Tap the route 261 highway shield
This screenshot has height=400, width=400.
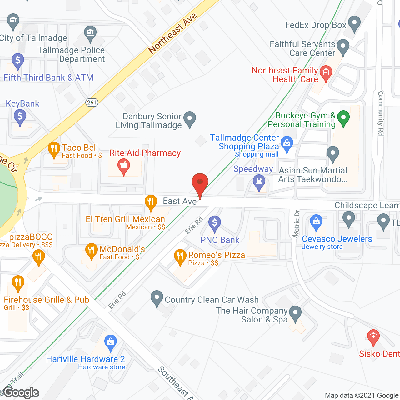pyautogui.click(x=92, y=102)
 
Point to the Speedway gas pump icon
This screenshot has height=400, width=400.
pyautogui.click(x=259, y=181)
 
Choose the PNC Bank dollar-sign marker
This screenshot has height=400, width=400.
pyautogui.click(x=214, y=223)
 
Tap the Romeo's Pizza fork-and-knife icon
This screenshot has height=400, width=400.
pyautogui.click(x=180, y=257)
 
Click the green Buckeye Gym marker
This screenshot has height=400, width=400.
pyautogui.click(x=343, y=118)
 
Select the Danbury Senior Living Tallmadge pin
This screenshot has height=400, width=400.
pyautogui.click(x=189, y=119)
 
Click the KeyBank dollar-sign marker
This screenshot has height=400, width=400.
pyautogui.click(x=20, y=117)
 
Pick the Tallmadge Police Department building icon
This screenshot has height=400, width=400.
pyautogui.click(x=90, y=33)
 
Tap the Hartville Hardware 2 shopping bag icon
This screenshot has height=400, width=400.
pyautogui.click(x=110, y=342)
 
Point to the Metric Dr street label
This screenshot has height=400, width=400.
pyautogui.click(x=296, y=224)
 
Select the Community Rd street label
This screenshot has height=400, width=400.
pyautogui.click(x=380, y=113)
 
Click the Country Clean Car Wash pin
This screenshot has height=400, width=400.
pyautogui.click(x=157, y=298)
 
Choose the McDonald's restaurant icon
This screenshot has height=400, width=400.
pyautogui.click(x=91, y=251)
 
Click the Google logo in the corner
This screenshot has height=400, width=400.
pyautogui.click(x=21, y=392)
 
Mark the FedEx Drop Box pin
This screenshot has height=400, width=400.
pyautogui.click(x=354, y=23)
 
